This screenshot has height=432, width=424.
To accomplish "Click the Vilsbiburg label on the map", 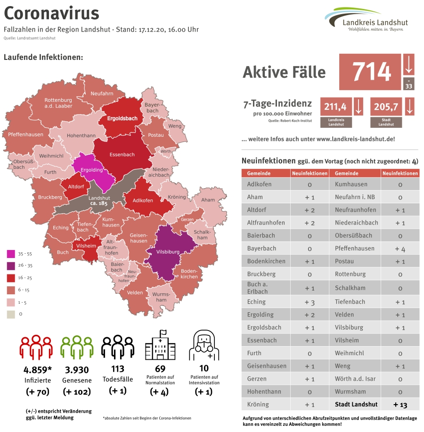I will click(167, 252).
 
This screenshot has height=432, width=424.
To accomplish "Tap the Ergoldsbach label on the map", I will click(122, 118).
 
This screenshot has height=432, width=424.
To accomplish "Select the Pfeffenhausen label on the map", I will click(25, 134).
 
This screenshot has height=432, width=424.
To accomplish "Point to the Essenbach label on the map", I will click(122, 154).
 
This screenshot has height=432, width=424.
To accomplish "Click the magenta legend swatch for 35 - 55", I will click(9, 254).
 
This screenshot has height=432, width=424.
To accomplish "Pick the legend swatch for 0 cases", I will click(9, 313).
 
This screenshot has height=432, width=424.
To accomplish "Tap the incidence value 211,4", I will click(335, 107).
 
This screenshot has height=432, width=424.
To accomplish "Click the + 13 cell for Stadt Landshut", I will click(400, 405).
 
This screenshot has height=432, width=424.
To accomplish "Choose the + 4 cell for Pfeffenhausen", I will click(400, 249).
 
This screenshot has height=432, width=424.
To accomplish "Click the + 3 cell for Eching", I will click(309, 302).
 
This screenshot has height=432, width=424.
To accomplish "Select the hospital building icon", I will click(161, 346).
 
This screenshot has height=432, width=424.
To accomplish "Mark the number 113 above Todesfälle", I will click(117, 369).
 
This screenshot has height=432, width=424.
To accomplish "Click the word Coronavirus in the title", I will click(51, 13).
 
